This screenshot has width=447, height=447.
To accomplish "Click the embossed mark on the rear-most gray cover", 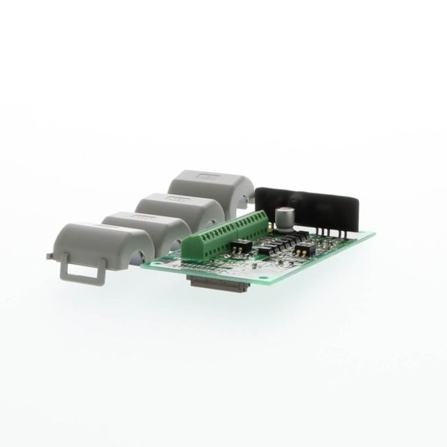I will tap(206, 176).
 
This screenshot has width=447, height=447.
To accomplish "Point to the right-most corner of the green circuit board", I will tap(374, 234).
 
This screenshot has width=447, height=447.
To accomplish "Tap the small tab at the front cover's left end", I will tap(50, 256).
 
